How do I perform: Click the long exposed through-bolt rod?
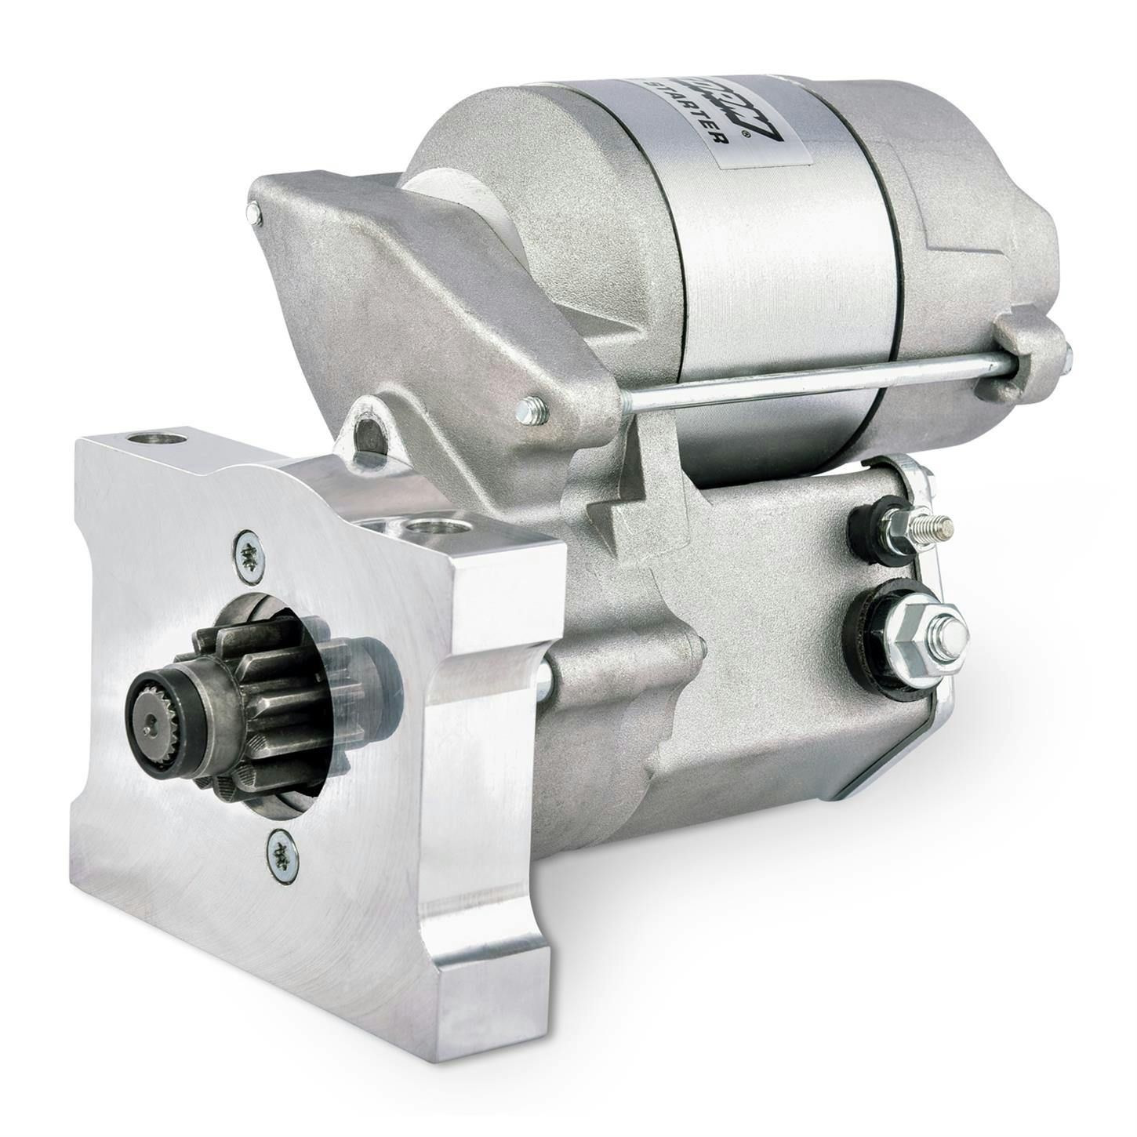click(x=808, y=384)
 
